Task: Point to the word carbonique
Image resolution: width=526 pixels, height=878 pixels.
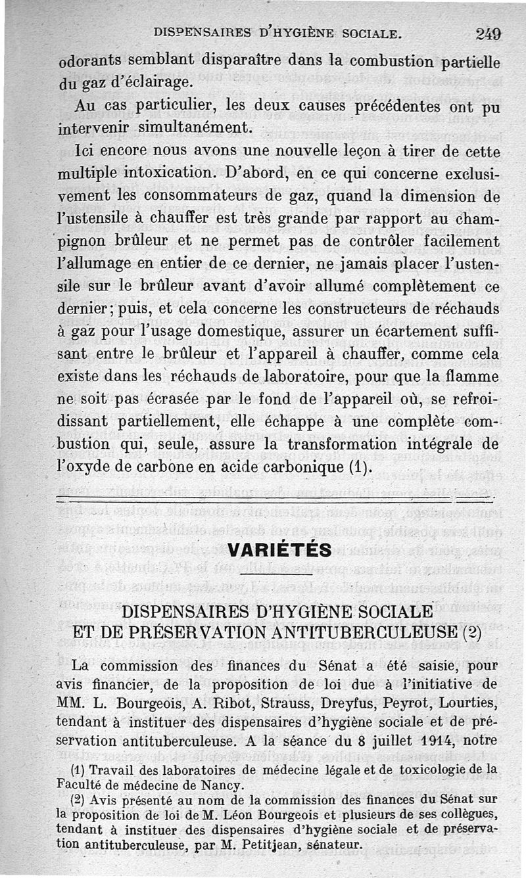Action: coord(295,468)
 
